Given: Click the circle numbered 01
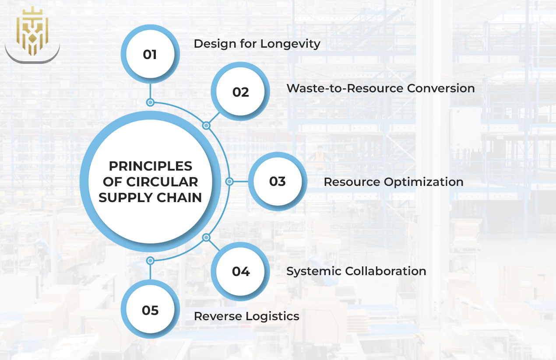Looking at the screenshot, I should pos(150,55).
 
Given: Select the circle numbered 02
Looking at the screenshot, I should pos(240,92).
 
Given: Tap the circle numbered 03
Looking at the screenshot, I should pos(278,181).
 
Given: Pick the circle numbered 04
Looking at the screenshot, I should pos(240,271).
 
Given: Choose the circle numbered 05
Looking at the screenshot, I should pos(150,310).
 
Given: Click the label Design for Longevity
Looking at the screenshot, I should pos(257,44).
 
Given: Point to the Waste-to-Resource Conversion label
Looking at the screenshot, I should pos(380,88).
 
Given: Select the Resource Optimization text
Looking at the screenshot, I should pos(393,182).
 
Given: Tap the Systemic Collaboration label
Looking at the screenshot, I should pos(356,271).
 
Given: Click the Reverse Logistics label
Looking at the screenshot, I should pos(246,316).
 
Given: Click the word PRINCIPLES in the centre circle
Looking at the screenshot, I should pos(150,166).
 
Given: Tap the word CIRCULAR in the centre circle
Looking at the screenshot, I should pos(170,182).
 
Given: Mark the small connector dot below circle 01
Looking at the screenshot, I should pos(150,102).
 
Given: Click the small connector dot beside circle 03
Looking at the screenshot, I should pos(229,181).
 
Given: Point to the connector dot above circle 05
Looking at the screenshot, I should pos(150,260).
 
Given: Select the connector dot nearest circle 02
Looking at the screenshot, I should pos(206,126).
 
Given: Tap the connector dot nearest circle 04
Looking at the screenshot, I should pos(206,238).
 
